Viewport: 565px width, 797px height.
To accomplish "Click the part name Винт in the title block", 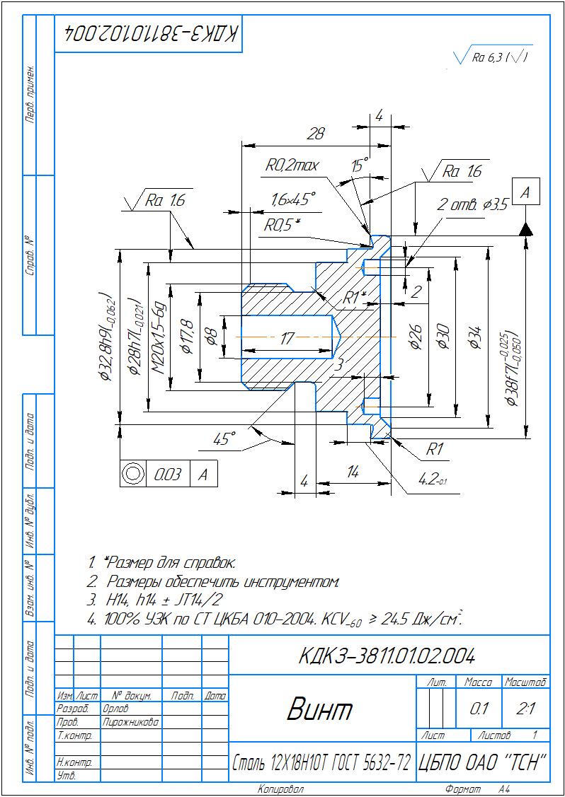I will click(x=319, y=709).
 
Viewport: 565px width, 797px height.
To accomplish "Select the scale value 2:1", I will click(x=525, y=709).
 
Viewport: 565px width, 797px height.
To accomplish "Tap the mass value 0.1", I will click(x=479, y=709).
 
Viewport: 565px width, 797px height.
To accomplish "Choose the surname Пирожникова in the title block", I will click(x=130, y=722).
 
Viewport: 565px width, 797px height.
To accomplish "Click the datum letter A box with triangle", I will click(x=525, y=193).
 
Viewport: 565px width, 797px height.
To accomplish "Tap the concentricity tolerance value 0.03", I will click(x=167, y=475).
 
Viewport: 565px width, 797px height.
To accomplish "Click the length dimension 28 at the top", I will click(x=316, y=133).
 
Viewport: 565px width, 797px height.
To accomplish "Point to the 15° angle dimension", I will click(x=360, y=167).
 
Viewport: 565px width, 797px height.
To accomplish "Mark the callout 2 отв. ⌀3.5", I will click(x=472, y=205).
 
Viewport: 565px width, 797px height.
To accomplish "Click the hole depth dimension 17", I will click(x=286, y=339).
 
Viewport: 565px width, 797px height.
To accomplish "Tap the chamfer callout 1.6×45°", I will click(x=293, y=199).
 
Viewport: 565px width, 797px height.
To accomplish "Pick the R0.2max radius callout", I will click(x=292, y=165).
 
